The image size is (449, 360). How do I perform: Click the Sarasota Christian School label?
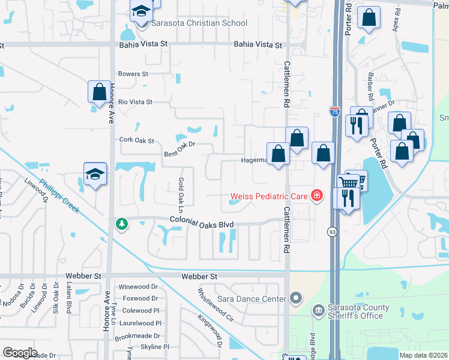tap(199, 23)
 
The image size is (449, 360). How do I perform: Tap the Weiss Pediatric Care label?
tap(269, 196)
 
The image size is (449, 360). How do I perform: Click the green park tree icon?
tap(122, 224)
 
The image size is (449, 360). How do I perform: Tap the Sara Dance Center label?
tap(252, 298)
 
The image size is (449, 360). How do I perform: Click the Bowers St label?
tap(133, 74)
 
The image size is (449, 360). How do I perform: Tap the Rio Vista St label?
tap(135, 102)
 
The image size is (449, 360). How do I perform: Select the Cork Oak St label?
tap(136, 140)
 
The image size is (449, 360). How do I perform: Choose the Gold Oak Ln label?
tap(181, 191)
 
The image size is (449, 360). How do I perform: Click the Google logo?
tap(20, 352)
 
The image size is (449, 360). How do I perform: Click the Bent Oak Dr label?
tap(180, 149)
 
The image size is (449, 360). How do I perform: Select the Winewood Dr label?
tap(138, 287)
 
